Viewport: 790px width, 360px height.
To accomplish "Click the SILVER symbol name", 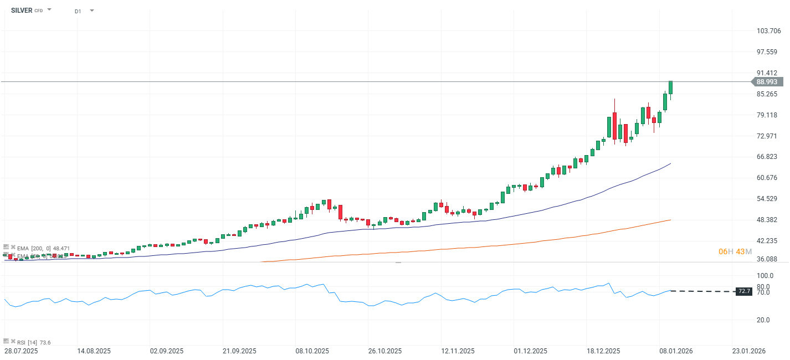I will (21, 10).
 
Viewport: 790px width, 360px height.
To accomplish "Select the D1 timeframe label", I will (78, 11).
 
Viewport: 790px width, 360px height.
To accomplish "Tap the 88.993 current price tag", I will (767, 81).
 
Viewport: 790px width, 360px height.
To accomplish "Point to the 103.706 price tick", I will (768, 31).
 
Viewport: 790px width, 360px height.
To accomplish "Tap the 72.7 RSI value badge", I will (744, 291).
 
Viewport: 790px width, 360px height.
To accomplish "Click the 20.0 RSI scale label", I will (763, 320).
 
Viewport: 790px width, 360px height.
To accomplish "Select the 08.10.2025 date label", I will (312, 351).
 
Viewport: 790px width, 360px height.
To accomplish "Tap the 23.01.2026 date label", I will (749, 351).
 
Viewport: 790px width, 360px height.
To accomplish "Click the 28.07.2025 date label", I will (21, 351).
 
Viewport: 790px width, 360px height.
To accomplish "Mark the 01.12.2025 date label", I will (530, 351).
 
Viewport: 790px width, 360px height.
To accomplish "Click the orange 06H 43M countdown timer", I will (735, 251).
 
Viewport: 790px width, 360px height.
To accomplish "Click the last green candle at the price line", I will (670, 88).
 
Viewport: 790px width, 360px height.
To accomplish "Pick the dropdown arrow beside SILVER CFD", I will (49, 10).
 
